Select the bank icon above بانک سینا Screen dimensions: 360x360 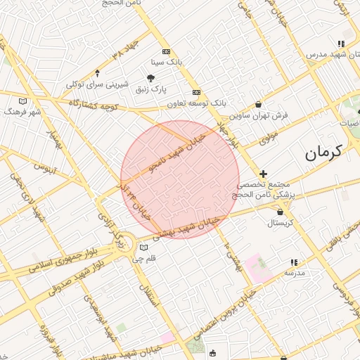[166, 51]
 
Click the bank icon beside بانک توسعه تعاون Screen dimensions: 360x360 [196, 92]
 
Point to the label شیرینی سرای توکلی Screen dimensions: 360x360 [97, 84]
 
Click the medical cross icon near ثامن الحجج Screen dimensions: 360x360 [264, 173]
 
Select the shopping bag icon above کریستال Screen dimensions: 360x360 [281, 211]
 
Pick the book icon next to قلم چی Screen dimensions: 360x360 [144, 247]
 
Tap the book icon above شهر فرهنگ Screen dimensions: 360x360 [22, 101]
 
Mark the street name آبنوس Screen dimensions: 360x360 [44, 169]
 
